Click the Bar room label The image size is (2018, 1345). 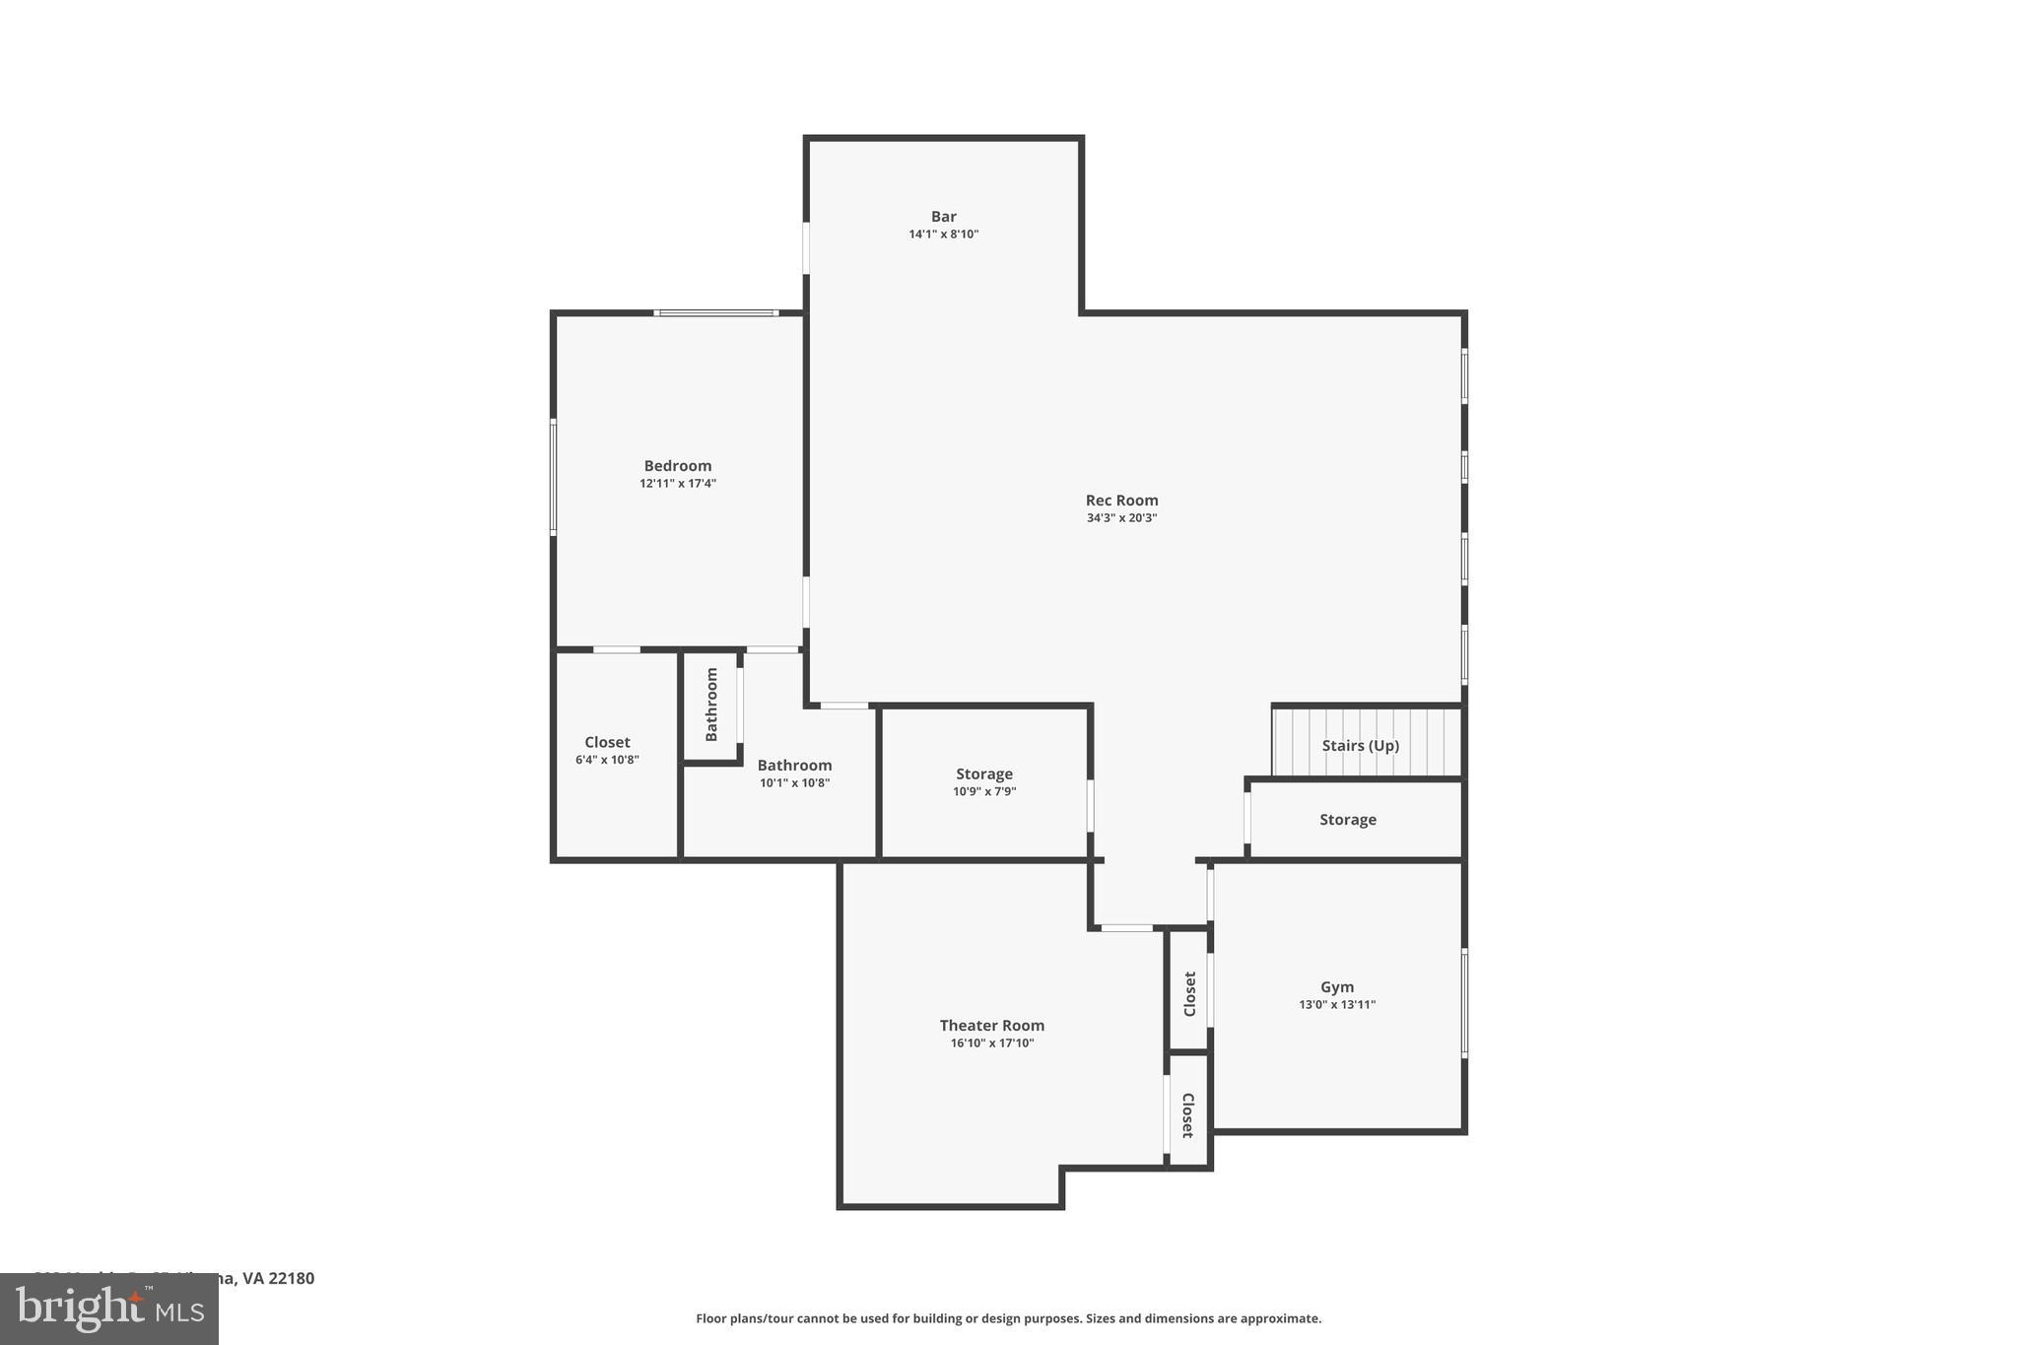[x=943, y=217]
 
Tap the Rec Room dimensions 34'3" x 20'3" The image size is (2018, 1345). [x=1121, y=518]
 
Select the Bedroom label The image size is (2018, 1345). [x=677, y=466]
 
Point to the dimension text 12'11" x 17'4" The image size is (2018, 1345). [x=677, y=484]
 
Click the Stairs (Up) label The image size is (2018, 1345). [x=1360, y=746]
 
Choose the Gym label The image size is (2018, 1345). [x=1336, y=987]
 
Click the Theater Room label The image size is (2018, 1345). [x=991, y=1026]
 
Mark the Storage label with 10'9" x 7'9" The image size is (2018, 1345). [x=983, y=774]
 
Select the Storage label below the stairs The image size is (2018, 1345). [x=1347, y=820]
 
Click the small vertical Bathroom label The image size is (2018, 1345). [x=711, y=705]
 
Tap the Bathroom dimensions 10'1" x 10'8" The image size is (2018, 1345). [x=794, y=783]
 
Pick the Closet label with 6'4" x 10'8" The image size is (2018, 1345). [x=607, y=743]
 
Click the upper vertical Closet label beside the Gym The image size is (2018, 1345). [x=1189, y=993]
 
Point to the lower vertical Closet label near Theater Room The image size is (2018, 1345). [x=1188, y=1114]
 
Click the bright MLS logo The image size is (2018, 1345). [x=109, y=1309]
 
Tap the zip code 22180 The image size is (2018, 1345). [x=292, y=1278]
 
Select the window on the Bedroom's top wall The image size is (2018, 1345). [x=716, y=313]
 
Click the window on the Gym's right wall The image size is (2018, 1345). [x=1464, y=1003]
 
